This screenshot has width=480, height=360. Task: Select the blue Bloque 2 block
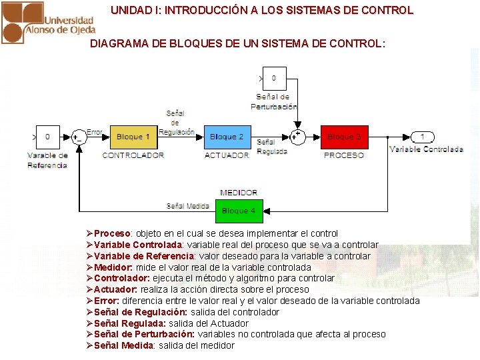click(x=227, y=137)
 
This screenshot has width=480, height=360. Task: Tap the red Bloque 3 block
click(x=344, y=137)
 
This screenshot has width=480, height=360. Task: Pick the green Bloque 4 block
click(x=239, y=211)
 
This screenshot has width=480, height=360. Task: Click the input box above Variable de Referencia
click(x=47, y=137)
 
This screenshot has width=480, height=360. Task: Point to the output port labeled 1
click(x=421, y=137)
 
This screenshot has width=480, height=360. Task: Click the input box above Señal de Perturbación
click(x=274, y=79)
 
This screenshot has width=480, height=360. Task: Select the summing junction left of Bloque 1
click(x=78, y=137)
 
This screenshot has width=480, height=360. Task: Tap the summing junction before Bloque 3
click(x=298, y=137)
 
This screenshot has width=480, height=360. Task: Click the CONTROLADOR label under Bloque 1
click(x=133, y=155)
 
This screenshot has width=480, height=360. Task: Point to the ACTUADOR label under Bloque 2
click(x=227, y=155)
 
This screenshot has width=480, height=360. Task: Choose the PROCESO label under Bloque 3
click(x=344, y=155)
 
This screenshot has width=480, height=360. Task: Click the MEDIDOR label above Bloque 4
click(x=239, y=193)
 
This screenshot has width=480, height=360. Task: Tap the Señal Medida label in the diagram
click(x=188, y=206)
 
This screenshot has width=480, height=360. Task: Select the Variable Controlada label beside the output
click(x=426, y=149)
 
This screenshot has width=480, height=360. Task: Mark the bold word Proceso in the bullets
click(x=112, y=233)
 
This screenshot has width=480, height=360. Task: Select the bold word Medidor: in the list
click(x=113, y=267)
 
